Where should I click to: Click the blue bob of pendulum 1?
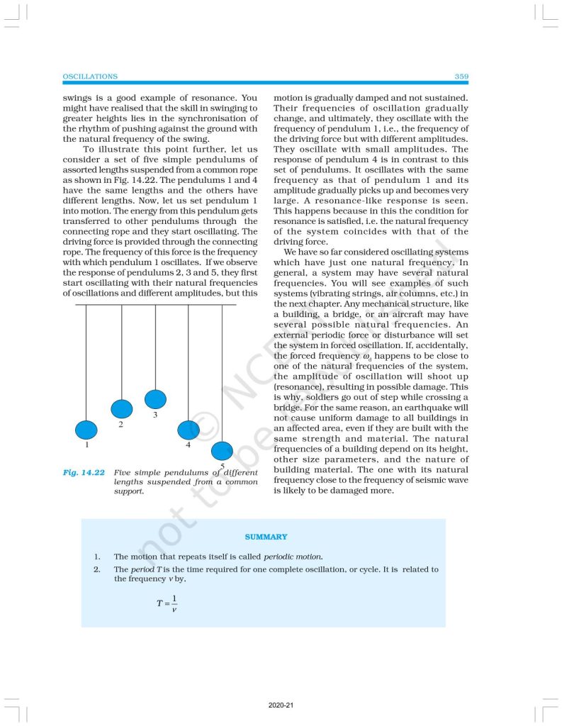pyautogui.click(x=86, y=430)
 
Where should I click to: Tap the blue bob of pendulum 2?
pyautogui.click(x=122, y=409)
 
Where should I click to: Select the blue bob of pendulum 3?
pyautogui.click(x=155, y=399)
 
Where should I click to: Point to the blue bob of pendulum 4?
pyautogui.click(x=188, y=430)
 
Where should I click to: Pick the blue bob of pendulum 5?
pyautogui.click(x=222, y=450)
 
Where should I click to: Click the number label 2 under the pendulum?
pyautogui.click(x=121, y=425)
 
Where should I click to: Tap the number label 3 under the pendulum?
pyautogui.click(x=154, y=415)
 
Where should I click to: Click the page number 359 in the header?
pyautogui.click(x=461, y=76)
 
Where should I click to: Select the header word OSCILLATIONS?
pyautogui.click(x=90, y=76)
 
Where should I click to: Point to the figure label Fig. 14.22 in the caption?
pyautogui.click(x=84, y=472)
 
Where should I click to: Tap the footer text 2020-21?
pyautogui.click(x=281, y=706)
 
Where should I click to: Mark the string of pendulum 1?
pyautogui.click(x=86, y=362)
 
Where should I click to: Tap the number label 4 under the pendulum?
pyautogui.click(x=188, y=445)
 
